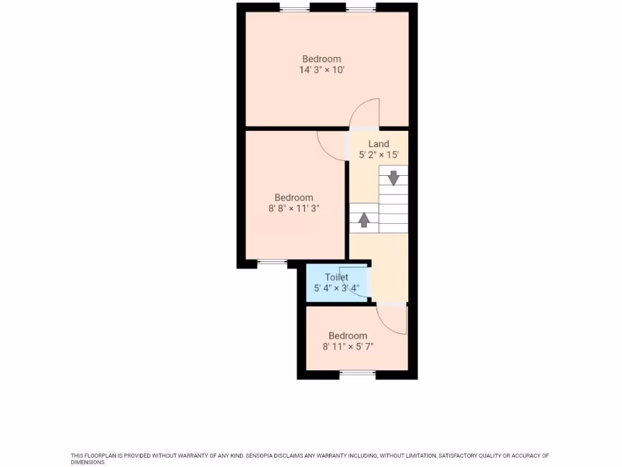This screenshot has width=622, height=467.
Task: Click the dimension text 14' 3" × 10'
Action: point(321,70)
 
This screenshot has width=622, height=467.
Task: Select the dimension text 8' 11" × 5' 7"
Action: point(347,347)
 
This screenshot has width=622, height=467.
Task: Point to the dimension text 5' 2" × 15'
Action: point(378,155)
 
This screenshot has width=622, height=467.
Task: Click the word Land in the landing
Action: point(378,144)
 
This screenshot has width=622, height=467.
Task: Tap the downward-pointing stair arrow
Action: point(393,178)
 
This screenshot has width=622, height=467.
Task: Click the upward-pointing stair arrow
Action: point(363,219)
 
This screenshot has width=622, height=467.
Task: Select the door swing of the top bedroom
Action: point(366,113)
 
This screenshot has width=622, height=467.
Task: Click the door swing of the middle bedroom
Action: point(332,146)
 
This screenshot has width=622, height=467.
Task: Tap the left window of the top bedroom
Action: point(295,8)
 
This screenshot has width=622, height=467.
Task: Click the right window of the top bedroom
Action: point(361,8)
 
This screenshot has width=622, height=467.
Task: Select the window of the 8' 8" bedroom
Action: point(272,263)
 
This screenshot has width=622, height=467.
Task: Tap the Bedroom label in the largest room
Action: point(321,59)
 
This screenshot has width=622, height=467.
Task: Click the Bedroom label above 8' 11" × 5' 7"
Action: point(347,336)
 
